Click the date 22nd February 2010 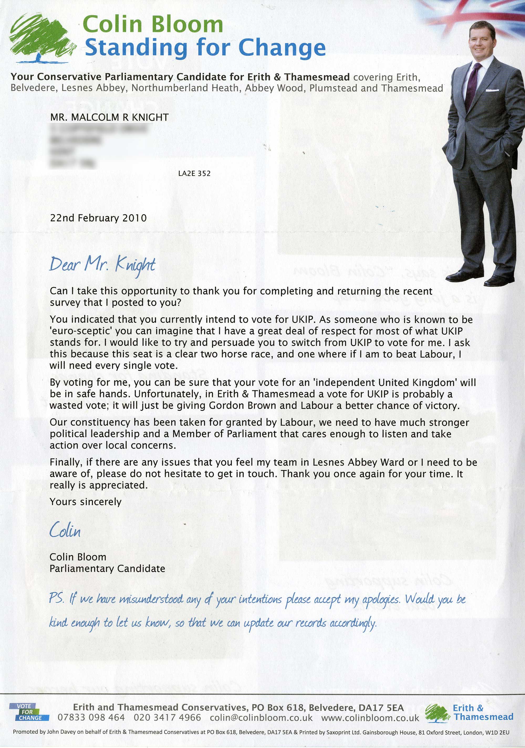click(x=98, y=218)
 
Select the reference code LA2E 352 click(x=194, y=173)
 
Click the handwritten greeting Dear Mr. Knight click(x=102, y=264)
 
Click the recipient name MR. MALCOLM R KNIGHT click(x=109, y=117)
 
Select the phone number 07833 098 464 click(x=91, y=718)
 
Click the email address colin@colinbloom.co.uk click(x=261, y=718)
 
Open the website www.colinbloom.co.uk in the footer click(x=370, y=718)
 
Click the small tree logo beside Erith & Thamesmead click(x=438, y=713)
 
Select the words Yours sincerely click(x=86, y=502)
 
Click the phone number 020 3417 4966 click(x=167, y=718)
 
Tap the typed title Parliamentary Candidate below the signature click(x=107, y=568)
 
